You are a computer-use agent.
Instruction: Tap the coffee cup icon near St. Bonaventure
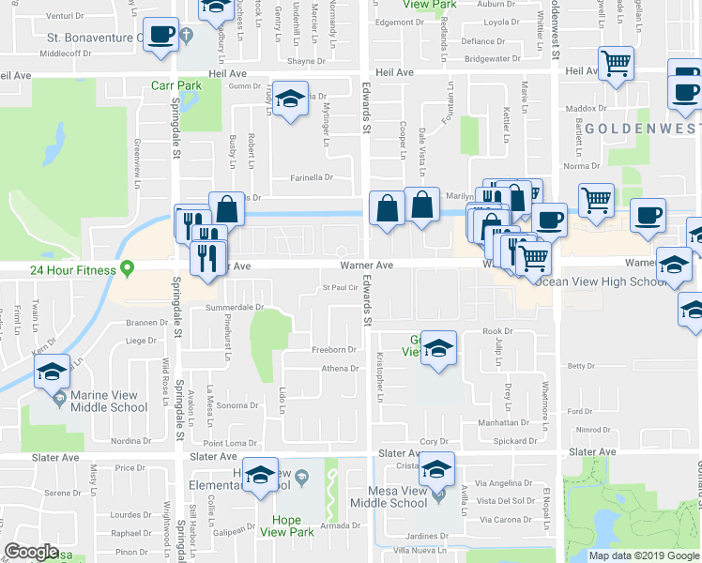(160, 36)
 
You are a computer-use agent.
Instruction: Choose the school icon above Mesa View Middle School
(436, 468)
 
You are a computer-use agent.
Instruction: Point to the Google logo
(32, 552)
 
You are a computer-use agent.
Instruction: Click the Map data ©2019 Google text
(644, 555)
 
